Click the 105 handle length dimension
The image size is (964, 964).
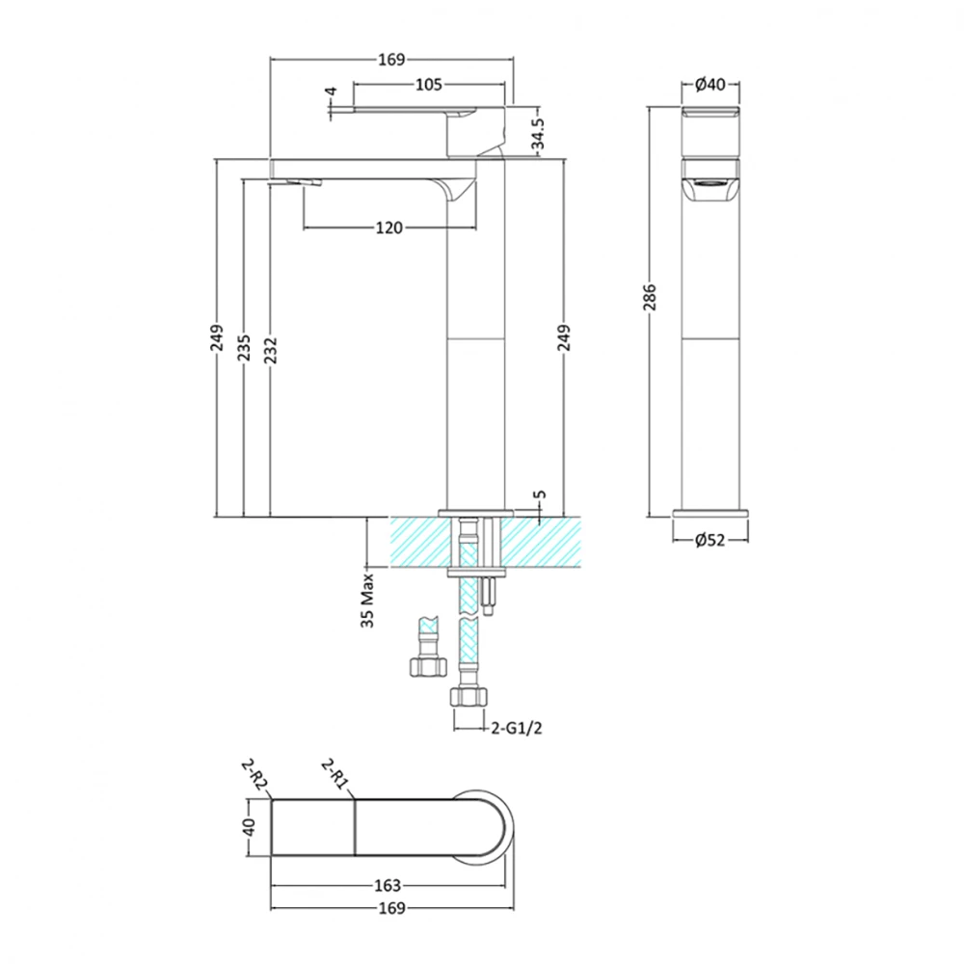(429, 85)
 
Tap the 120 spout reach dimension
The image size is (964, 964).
(388, 228)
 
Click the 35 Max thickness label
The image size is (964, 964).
(368, 603)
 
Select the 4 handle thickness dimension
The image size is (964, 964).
(331, 94)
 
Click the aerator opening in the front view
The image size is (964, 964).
(710, 183)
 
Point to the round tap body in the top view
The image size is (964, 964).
(482, 827)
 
